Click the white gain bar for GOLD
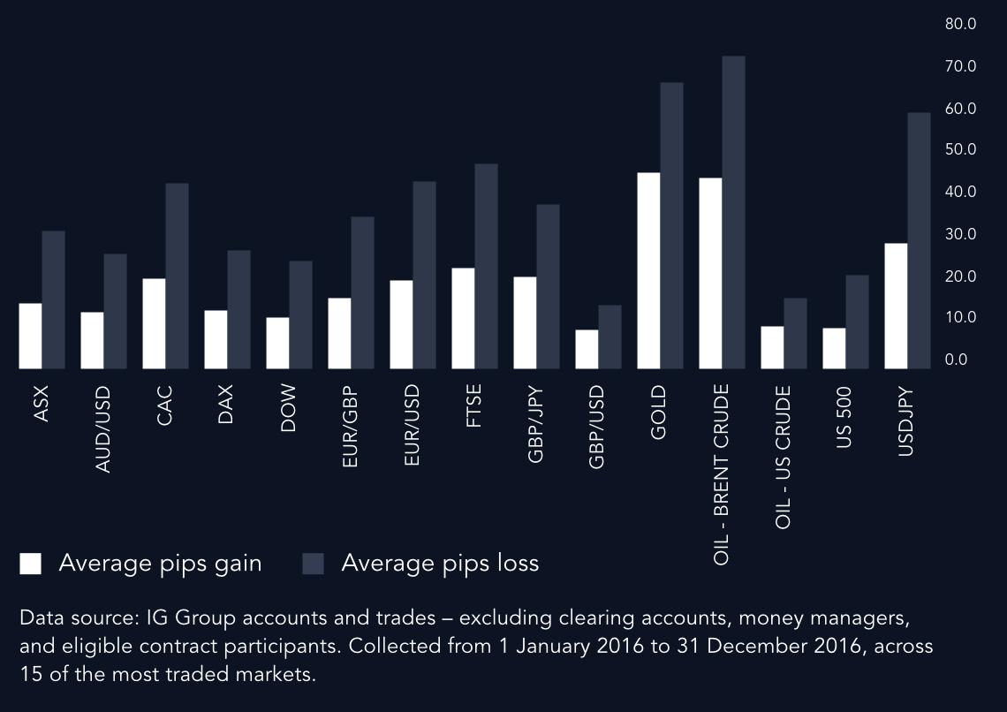pyautogui.click(x=648, y=270)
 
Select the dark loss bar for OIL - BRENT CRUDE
pyautogui.click(x=733, y=212)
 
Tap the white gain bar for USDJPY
pyautogui.click(x=896, y=306)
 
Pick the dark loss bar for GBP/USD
pyautogui.click(x=609, y=337)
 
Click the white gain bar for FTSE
pyautogui.click(x=463, y=318)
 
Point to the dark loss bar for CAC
pyautogui.click(x=177, y=276)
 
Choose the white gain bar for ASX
pyautogui.click(x=31, y=336)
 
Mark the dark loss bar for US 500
pyautogui.click(x=857, y=322)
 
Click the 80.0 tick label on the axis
pyautogui.click(x=960, y=24)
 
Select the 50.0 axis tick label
pyautogui.click(x=960, y=149)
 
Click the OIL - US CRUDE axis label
pyautogui.click(x=783, y=457)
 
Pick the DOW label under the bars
pyautogui.click(x=287, y=408)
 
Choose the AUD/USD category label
pyautogui.click(x=102, y=428)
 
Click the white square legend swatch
pyautogui.click(x=31, y=564)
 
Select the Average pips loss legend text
pyautogui.click(x=440, y=564)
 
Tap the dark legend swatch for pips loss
pyautogui.click(x=314, y=564)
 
